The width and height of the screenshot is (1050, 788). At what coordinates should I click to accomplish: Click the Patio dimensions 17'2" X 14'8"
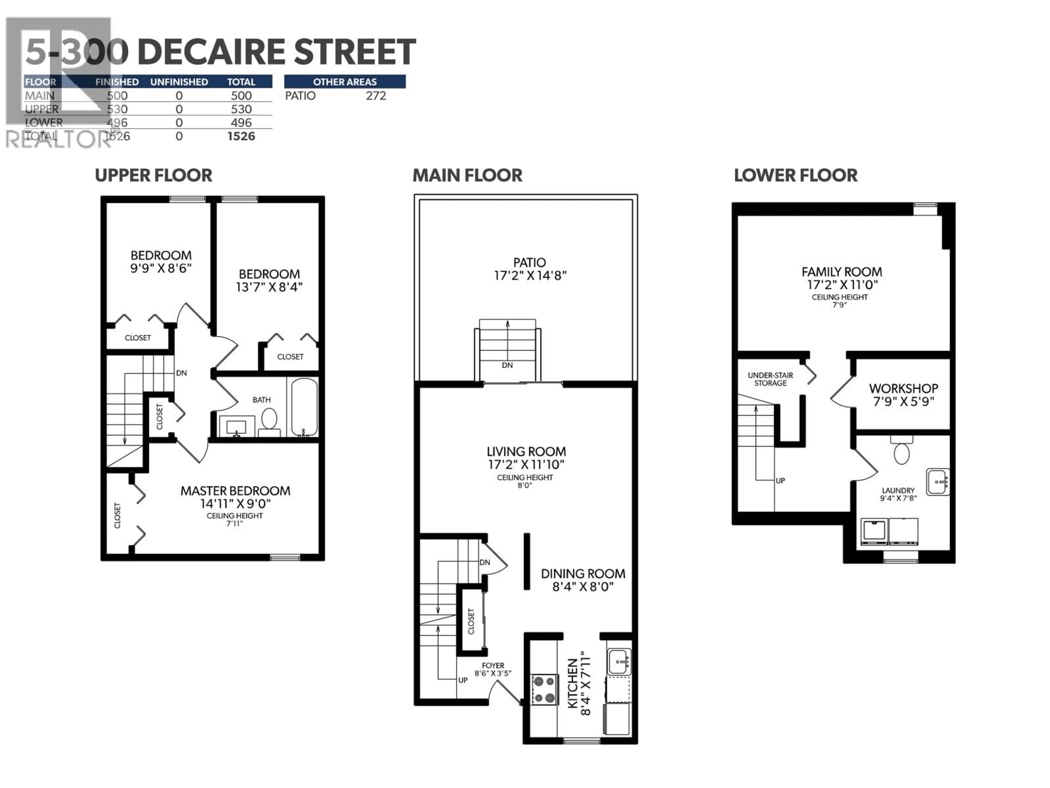coord(530,276)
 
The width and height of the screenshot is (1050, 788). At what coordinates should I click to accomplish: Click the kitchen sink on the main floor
coord(619,661)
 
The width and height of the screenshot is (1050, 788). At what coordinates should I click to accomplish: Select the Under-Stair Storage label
coord(770,379)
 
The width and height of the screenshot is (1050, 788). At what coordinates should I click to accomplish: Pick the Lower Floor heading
coord(796,175)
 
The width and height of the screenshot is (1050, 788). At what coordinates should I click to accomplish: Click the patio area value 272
coord(376,96)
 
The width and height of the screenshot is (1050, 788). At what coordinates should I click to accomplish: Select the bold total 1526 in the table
coord(241,136)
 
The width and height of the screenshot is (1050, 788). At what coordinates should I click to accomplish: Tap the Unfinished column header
coord(179,82)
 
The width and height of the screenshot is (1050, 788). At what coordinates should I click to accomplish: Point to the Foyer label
coord(493,665)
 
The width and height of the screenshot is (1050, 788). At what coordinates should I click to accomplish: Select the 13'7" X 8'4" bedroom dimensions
coord(269,287)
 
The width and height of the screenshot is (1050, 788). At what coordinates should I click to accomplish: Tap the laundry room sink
coord(938,482)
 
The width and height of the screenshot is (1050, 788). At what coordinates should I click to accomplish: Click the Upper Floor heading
coord(153,175)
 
